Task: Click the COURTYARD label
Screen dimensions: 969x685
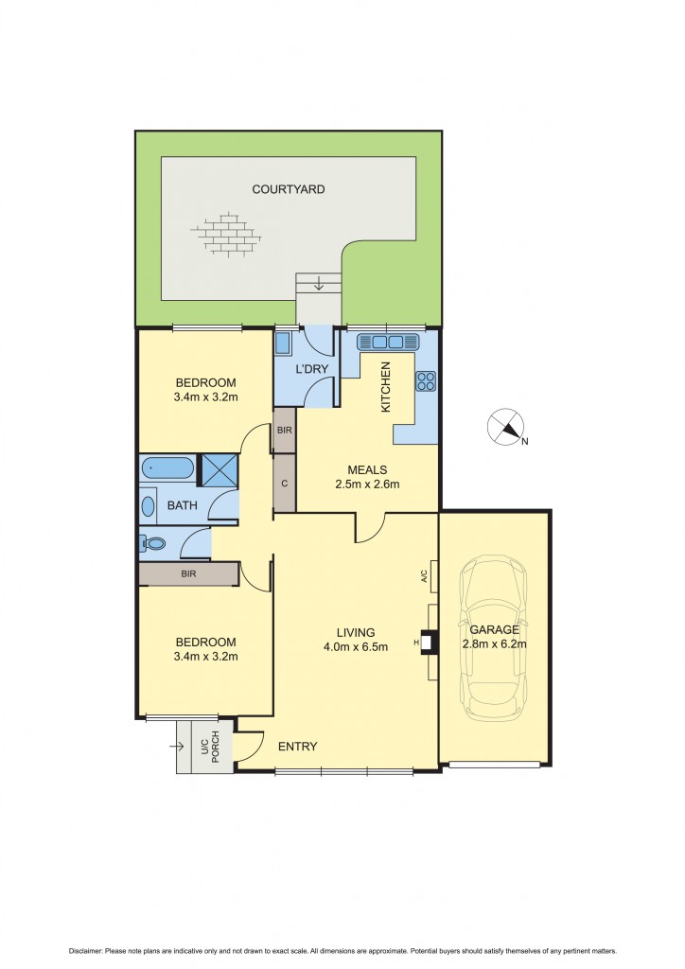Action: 288,189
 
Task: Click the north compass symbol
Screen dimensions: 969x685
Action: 505,428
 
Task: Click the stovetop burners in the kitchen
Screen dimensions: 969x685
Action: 426,381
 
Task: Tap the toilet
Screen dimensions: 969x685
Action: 152,543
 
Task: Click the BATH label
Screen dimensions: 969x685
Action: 182,505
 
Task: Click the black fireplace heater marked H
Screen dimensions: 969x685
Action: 429,643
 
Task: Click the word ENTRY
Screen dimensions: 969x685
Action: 297,748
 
